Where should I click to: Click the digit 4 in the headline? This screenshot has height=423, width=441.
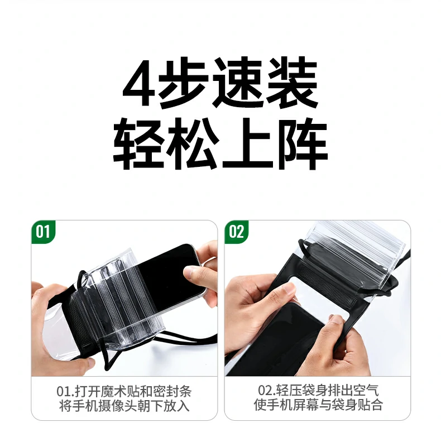138,84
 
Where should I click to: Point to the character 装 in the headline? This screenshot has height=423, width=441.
297,84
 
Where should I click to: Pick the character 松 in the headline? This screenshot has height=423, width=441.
194,143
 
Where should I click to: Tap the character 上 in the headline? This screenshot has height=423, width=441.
248,143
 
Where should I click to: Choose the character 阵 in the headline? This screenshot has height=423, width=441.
301,143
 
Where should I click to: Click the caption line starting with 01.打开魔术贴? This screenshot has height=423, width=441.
124,391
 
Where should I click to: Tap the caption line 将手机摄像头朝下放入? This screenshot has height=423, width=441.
124,406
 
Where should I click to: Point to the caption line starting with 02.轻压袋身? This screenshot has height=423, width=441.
317,391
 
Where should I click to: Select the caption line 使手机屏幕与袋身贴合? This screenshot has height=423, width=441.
317,406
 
